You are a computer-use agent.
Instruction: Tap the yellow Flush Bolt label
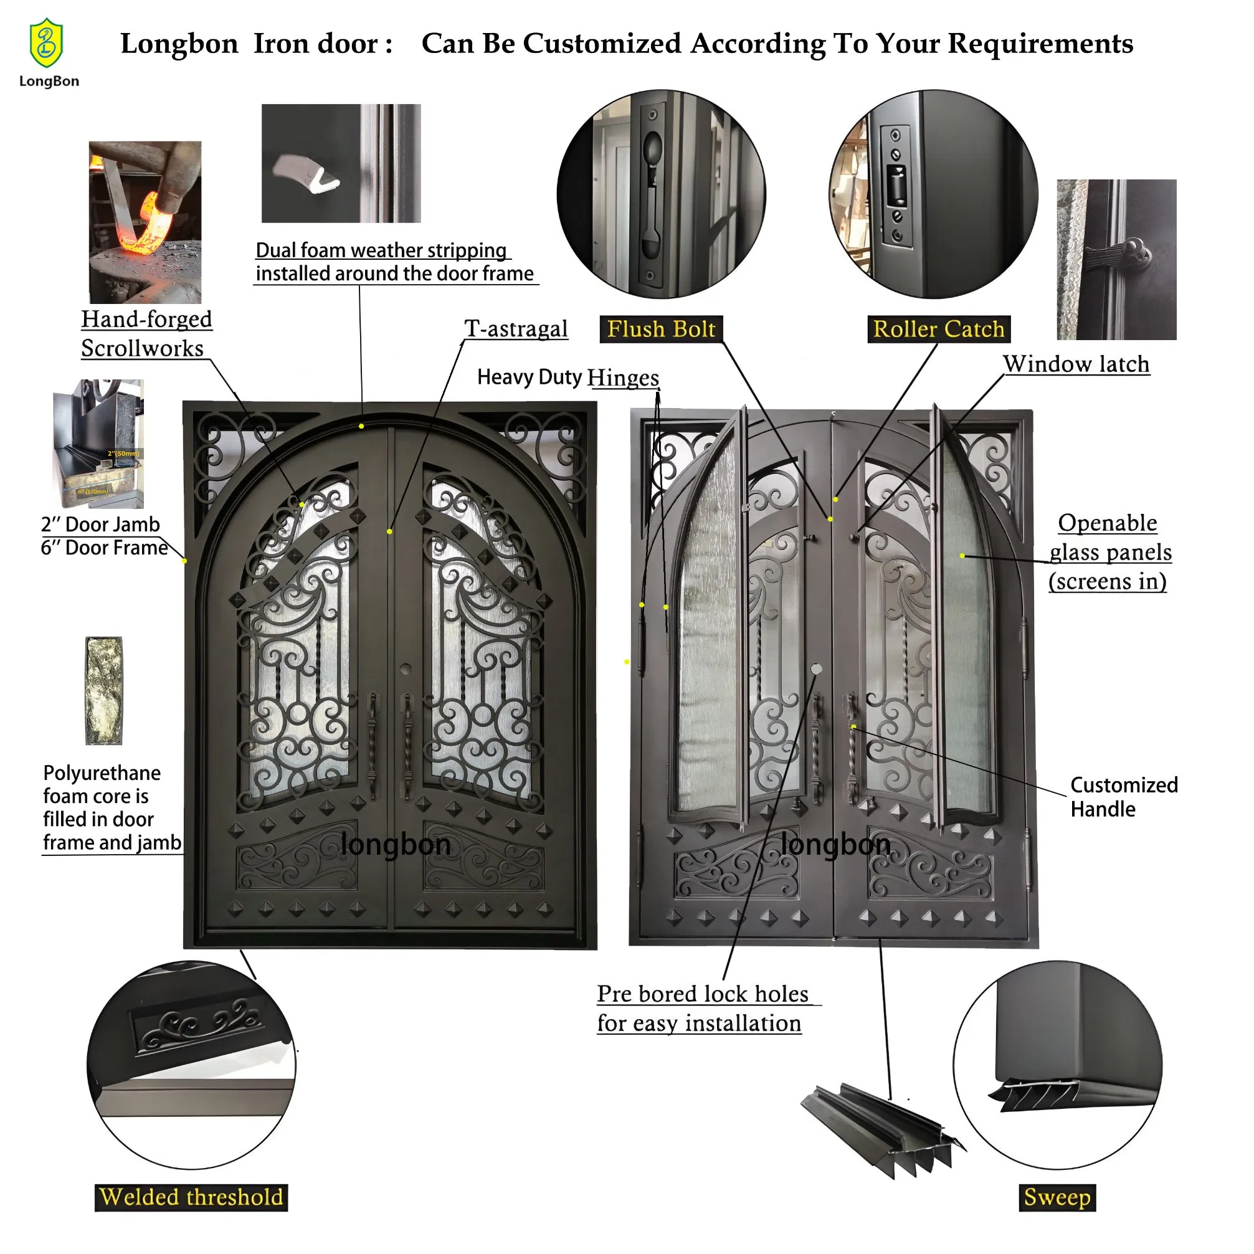coord(661,329)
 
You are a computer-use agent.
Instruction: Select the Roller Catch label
coord(938,329)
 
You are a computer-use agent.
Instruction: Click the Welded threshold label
coord(191,1197)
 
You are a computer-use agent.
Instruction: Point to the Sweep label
coord(1057,1197)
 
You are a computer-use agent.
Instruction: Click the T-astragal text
coord(516,328)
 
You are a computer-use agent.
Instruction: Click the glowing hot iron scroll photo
coord(145,222)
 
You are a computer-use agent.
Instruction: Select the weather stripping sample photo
coord(341,163)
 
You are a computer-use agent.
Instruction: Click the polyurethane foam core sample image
coord(104,690)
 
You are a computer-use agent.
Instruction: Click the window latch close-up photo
coord(1116,259)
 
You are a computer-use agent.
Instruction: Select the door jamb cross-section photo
coord(98,444)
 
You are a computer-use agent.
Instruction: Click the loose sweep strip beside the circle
coord(883,1130)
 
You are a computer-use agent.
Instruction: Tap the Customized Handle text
coord(1123,796)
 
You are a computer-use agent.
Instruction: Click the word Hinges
coord(623,377)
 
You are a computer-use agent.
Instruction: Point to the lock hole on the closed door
coord(406,668)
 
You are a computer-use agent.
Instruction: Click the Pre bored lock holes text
coord(702,1008)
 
